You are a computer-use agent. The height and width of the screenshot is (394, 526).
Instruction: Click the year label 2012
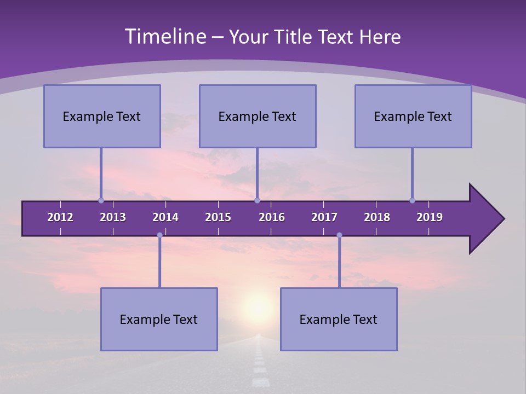coord(60,217)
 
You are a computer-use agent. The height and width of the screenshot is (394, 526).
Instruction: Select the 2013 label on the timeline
coord(113,217)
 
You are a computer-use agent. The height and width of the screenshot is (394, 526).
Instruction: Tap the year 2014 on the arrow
coord(165,217)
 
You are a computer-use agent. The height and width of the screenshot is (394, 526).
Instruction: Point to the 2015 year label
coord(218,217)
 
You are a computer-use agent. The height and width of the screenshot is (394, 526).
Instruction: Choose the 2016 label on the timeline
coord(272,217)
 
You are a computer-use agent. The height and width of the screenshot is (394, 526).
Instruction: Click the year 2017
coord(324,217)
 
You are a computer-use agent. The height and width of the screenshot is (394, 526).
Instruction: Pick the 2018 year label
coord(377,217)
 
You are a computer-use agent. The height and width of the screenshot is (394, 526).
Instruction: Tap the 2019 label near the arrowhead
coord(430,217)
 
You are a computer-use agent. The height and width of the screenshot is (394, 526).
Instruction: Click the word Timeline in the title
coord(164,37)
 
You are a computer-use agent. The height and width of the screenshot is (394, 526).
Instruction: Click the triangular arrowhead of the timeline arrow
coord(485,219)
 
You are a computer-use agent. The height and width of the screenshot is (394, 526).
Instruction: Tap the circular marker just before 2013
coord(101,201)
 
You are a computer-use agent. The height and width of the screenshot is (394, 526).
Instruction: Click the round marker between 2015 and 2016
coord(257,201)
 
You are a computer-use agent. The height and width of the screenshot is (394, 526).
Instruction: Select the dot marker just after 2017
coord(339,235)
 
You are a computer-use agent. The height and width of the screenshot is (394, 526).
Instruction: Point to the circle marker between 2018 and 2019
coord(412,201)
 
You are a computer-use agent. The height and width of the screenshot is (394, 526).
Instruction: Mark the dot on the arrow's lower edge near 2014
coord(159,235)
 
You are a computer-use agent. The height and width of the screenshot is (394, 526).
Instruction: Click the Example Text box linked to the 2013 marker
coord(102,116)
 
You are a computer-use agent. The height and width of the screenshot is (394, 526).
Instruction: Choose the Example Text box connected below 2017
coord(339,319)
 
